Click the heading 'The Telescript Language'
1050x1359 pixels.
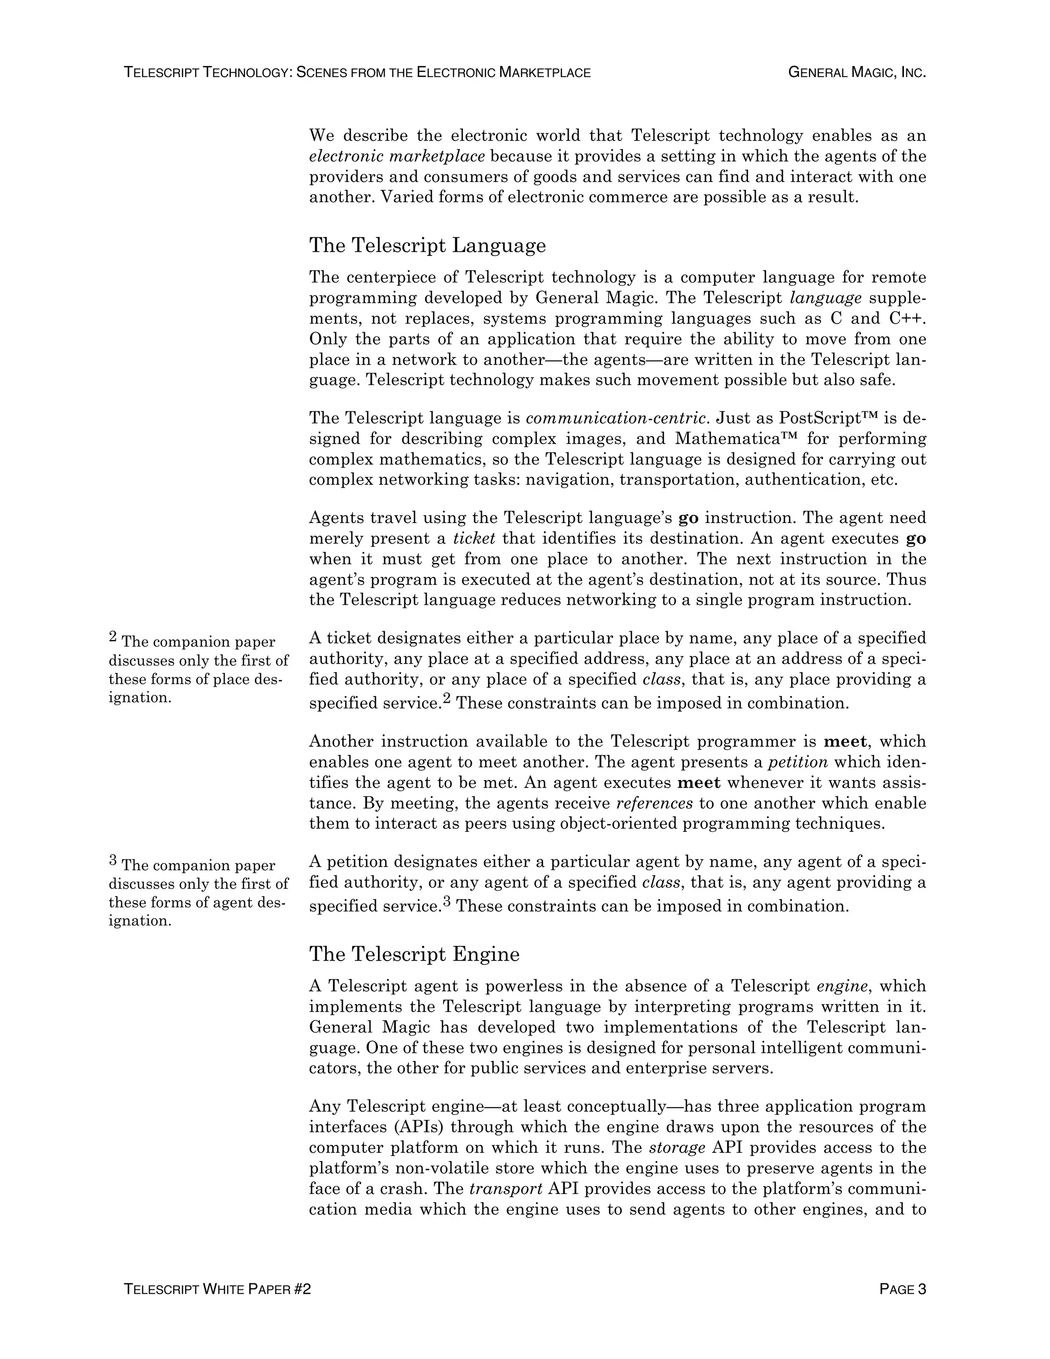point(428,245)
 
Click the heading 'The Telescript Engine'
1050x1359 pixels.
point(414,954)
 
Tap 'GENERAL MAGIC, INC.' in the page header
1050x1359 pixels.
point(857,72)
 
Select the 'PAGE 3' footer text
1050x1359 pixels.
point(902,1289)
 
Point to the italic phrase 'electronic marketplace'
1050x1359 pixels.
point(397,156)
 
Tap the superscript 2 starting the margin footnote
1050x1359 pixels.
point(113,636)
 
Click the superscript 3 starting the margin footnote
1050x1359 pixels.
point(113,861)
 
